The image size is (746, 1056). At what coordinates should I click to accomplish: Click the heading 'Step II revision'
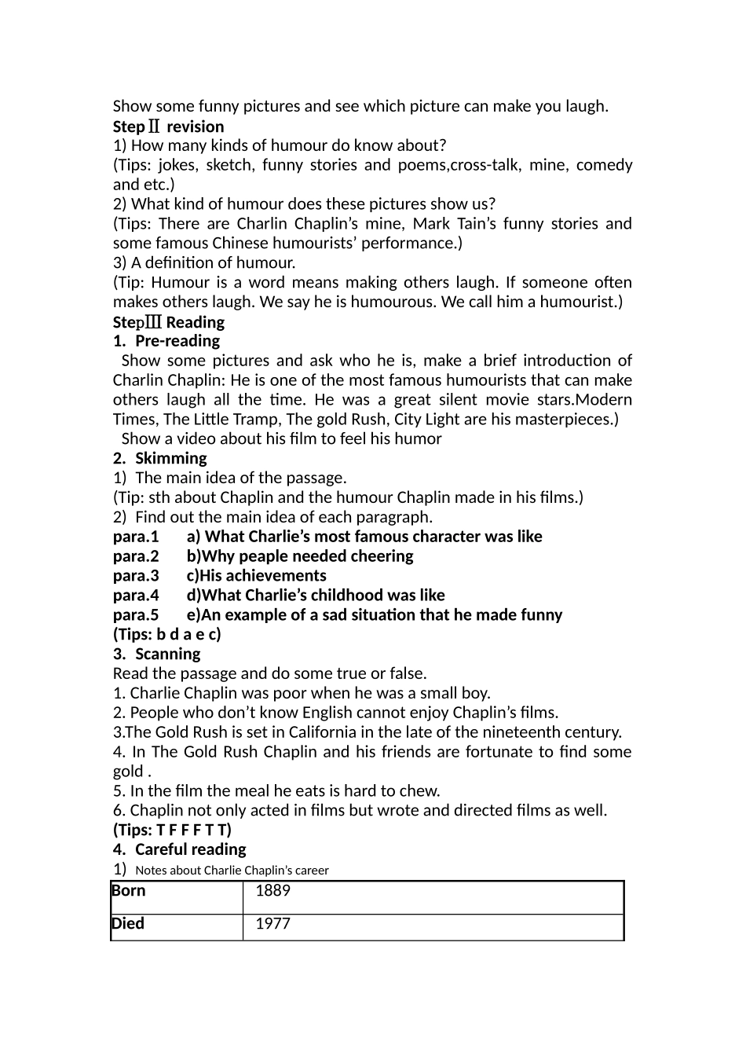pos(168,126)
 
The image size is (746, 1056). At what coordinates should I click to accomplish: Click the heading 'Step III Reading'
pos(168,322)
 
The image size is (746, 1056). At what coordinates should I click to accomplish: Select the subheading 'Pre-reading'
pos(177,341)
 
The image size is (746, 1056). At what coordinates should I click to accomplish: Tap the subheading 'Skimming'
pos(170,458)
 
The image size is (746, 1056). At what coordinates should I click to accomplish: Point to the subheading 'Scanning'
pos(167,654)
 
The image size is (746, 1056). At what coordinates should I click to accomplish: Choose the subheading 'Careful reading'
pos(190,849)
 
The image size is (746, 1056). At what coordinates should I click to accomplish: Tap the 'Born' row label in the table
pos(129,891)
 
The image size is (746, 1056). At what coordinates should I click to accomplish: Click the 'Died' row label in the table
pos(128,924)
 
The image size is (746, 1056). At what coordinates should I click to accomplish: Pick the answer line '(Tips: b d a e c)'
pos(166,634)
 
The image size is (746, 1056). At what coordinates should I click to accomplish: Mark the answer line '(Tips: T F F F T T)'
pos(172,830)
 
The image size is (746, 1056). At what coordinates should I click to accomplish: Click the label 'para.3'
pos(136,576)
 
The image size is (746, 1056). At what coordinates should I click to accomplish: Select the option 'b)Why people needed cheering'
pos(300,556)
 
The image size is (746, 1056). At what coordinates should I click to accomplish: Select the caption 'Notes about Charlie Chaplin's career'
pos(232,871)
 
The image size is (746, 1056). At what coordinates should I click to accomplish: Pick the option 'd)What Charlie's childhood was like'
pos(316,596)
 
